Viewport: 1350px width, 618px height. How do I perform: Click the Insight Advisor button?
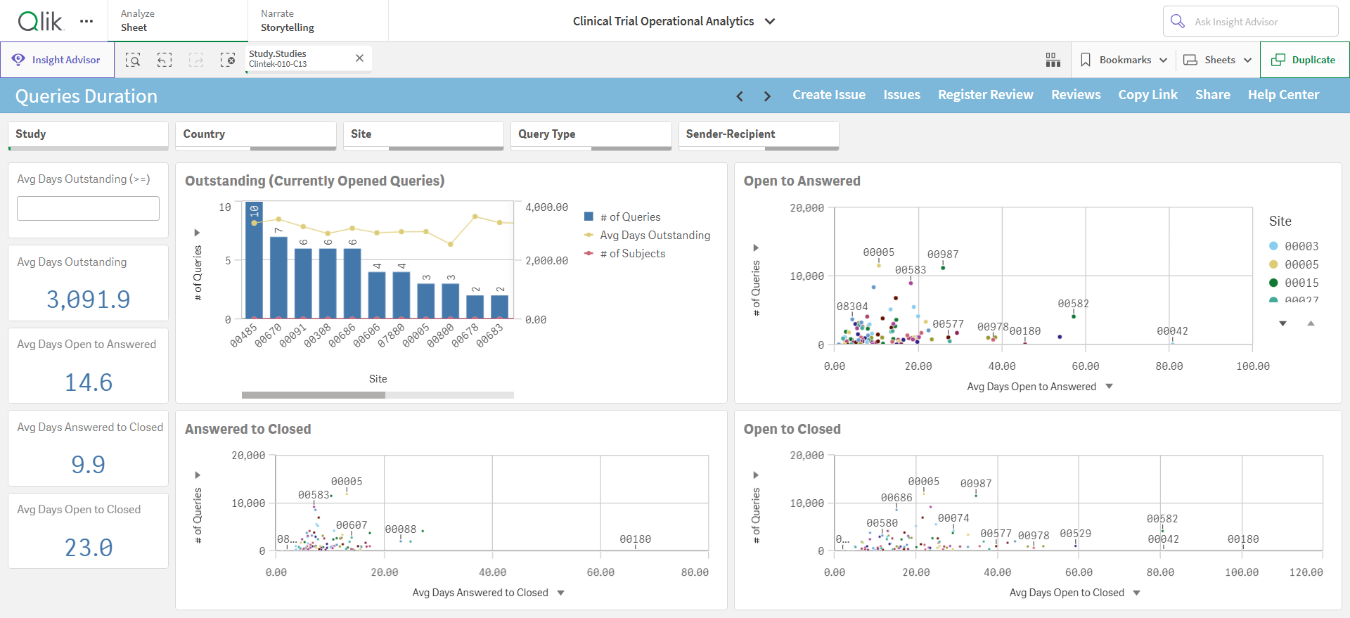[x=57, y=60]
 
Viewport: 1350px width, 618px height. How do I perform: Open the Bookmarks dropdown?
[x=1124, y=60]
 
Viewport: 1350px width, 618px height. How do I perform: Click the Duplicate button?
[x=1304, y=60]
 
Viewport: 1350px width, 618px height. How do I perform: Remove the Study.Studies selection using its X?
[x=359, y=58]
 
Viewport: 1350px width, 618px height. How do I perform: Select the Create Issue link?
[x=829, y=95]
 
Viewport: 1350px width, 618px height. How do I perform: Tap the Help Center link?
[x=1283, y=95]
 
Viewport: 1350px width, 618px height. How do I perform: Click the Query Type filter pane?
[x=591, y=135]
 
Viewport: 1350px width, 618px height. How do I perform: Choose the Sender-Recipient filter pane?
[x=759, y=135]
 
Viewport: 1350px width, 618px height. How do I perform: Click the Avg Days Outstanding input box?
[x=88, y=208]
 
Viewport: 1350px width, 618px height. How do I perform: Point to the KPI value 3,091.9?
[x=89, y=300]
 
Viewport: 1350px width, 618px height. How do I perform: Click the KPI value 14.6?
[x=89, y=382]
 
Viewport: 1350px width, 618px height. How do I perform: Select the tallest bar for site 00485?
[x=254, y=260]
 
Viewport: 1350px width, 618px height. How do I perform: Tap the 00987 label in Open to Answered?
[x=943, y=255]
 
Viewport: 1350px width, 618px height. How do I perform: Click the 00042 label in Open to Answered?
[x=1172, y=331]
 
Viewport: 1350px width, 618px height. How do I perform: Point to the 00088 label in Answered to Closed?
[x=401, y=529]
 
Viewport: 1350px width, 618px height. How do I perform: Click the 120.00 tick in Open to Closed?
[x=1306, y=572]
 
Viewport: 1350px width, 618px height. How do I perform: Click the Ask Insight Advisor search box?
[x=1250, y=22]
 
